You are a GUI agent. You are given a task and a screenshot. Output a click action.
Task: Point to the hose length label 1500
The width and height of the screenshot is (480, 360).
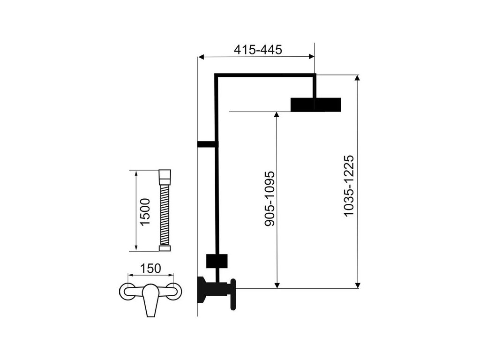145,212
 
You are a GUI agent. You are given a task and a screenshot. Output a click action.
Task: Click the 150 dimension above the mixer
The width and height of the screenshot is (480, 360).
151,268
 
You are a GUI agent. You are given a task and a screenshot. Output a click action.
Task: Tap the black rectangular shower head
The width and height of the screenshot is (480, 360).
315,105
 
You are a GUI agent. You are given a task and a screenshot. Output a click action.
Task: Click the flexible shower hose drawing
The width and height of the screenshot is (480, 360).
165,210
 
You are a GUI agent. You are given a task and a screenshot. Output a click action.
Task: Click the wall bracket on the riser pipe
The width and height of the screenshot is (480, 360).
207,144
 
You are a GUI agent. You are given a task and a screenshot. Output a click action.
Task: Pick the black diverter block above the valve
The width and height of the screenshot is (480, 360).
217,261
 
